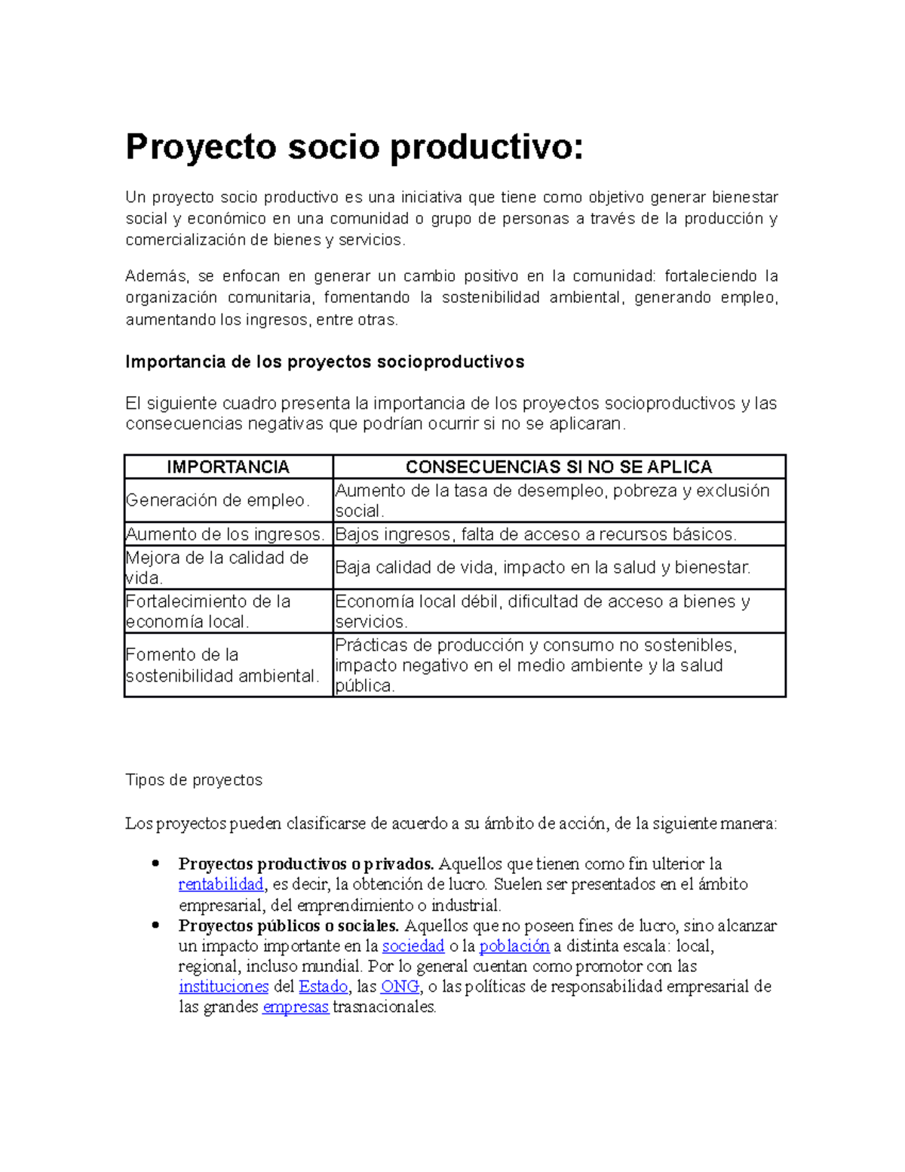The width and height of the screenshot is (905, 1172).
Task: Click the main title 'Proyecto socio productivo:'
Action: pyautogui.click(x=354, y=146)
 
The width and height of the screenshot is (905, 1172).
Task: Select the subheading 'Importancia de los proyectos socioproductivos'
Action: pyautogui.click(x=324, y=361)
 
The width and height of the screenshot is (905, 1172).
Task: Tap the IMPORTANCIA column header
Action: pyautogui.click(x=228, y=467)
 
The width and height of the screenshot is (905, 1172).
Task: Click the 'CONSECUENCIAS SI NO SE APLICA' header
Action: pyautogui.click(x=559, y=467)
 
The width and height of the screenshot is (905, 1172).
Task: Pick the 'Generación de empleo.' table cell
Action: pyautogui.click(x=218, y=500)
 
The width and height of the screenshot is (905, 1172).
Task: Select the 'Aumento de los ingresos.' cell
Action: pyautogui.click(x=225, y=534)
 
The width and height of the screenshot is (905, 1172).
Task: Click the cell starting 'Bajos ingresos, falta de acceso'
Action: pyautogui.click(x=535, y=534)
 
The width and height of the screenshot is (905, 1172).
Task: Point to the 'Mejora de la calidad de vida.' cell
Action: pyautogui.click(x=217, y=568)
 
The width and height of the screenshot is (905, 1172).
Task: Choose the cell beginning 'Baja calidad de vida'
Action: pyautogui.click(x=542, y=568)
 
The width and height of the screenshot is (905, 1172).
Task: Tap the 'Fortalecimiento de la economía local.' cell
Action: pyautogui.click(x=208, y=611)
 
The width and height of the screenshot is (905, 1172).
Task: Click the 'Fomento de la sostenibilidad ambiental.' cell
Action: pyautogui.click(x=222, y=665)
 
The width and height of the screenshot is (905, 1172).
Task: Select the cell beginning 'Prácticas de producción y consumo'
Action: pyautogui.click(x=535, y=665)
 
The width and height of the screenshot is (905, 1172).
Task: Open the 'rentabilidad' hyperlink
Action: pyautogui.click(x=221, y=884)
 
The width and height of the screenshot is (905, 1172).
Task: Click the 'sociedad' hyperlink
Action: pyautogui.click(x=413, y=946)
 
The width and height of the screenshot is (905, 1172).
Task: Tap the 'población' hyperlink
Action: pyautogui.click(x=514, y=946)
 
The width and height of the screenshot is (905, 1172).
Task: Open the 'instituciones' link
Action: pyautogui.click(x=223, y=987)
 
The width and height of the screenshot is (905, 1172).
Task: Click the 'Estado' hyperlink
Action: pyautogui.click(x=323, y=987)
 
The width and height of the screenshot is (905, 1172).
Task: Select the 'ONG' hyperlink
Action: pyautogui.click(x=400, y=987)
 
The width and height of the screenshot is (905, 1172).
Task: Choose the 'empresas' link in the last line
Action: pyautogui.click(x=295, y=1007)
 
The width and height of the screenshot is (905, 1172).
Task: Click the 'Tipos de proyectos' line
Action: pyautogui.click(x=194, y=780)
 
